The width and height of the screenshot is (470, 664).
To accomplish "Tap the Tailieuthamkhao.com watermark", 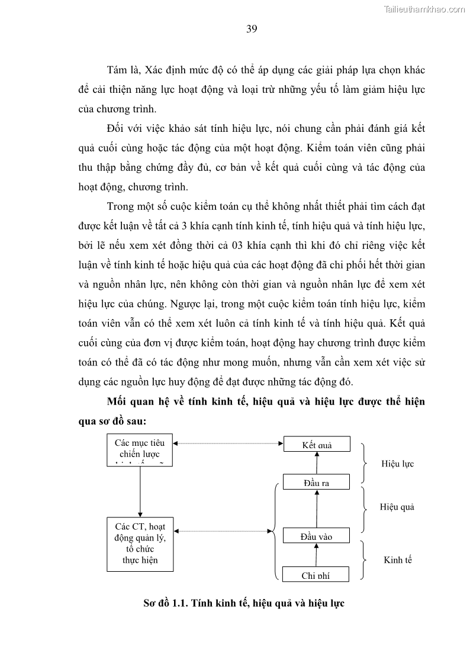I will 425,9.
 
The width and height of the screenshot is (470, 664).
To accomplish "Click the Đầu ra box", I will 317,482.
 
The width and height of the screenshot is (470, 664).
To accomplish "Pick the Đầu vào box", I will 317,536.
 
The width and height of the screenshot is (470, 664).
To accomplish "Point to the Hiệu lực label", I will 397,464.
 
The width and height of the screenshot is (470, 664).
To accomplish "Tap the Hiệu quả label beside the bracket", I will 397,507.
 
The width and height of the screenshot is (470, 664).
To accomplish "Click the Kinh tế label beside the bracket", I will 397,559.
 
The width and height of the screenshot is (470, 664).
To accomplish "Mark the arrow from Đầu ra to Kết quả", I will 317,463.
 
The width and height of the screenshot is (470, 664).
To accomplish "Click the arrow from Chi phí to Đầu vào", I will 317,555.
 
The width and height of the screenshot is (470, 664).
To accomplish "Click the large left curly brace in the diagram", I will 275,530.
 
